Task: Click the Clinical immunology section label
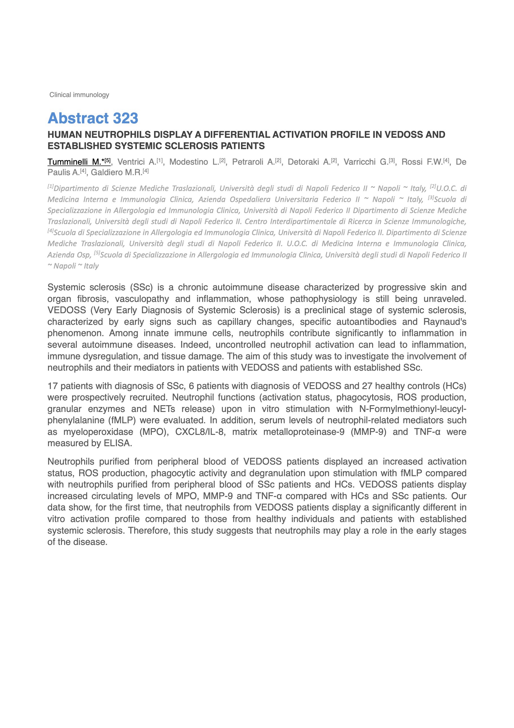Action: click(79, 95)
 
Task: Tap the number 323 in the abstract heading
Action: click(125, 118)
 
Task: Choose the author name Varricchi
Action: click(359, 162)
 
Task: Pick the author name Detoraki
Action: click(304, 162)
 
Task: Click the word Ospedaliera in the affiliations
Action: click(250, 200)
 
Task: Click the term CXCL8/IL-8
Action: click(200, 432)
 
